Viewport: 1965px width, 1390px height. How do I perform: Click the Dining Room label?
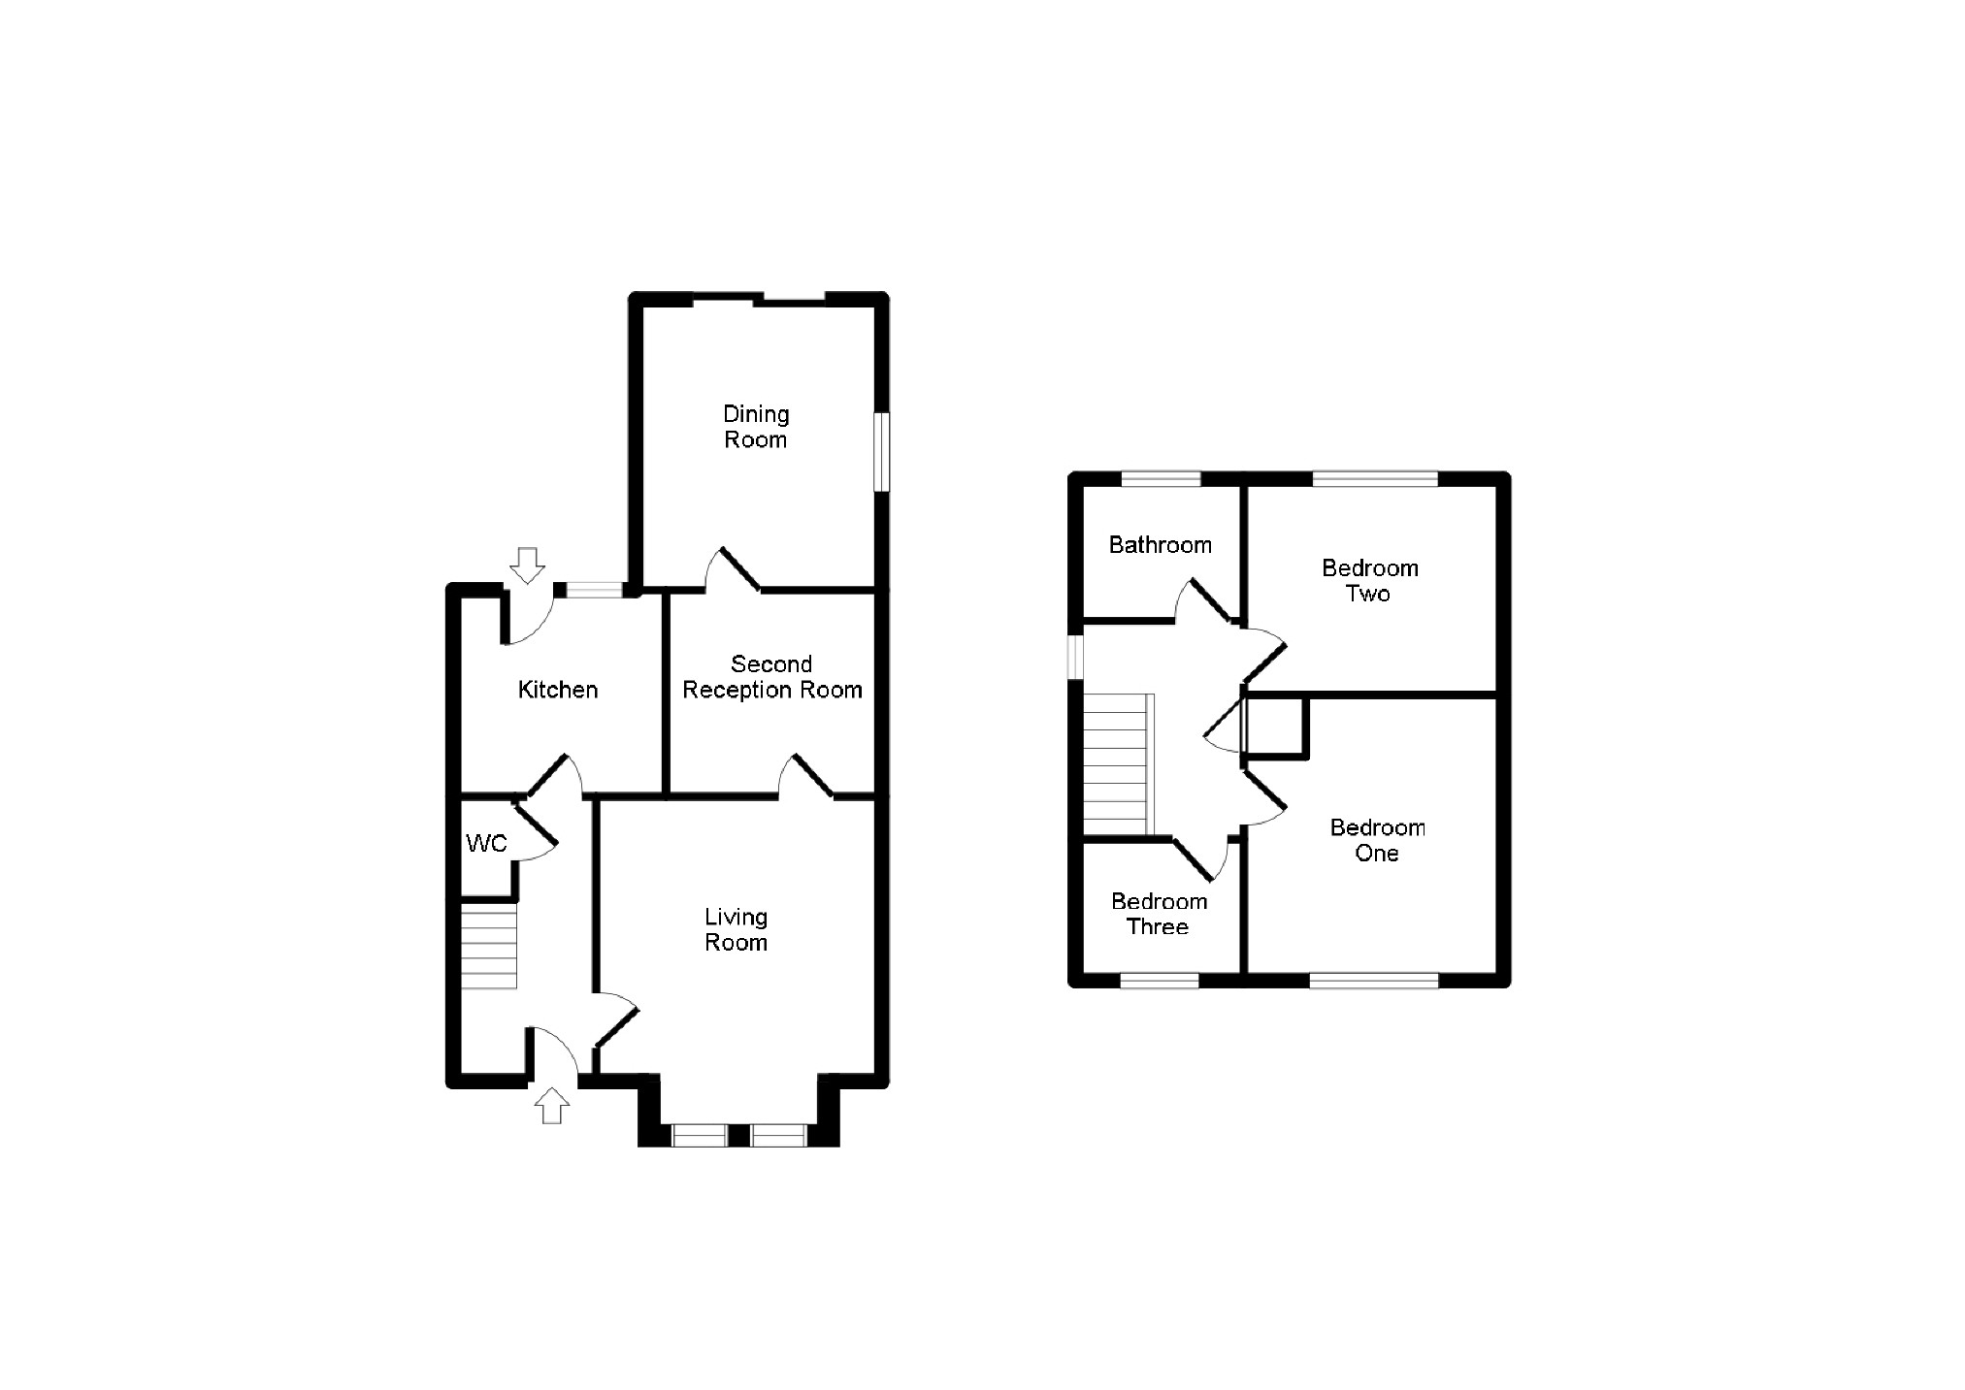pyautogui.click(x=756, y=427)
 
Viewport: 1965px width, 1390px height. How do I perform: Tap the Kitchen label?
pyautogui.click(x=558, y=690)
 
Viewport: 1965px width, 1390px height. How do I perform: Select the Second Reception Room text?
pyautogui.click(x=772, y=677)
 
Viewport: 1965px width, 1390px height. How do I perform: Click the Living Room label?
pyautogui.click(x=736, y=929)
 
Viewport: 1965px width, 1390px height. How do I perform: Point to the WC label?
pyautogui.click(x=486, y=843)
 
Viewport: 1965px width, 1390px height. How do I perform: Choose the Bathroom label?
pyautogui.click(x=1160, y=545)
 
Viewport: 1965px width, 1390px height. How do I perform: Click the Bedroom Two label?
pyautogui.click(x=1369, y=580)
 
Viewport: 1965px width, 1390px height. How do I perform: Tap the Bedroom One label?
pyautogui.click(x=1377, y=840)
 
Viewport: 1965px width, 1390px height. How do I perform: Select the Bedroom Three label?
pyautogui.click(x=1159, y=914)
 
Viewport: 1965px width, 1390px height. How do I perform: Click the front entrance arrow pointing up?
pyautogui.click(x=552, y=1105)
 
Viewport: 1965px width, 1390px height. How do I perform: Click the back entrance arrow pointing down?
pyautogui.click(x=527, y=566)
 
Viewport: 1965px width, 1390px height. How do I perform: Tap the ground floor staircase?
pyautogui.click(x=488, y=946)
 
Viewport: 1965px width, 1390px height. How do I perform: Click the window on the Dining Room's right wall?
pyautogui.click(x=881, y=452)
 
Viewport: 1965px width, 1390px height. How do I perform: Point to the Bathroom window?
pyautogui.click(x=1161, y=478)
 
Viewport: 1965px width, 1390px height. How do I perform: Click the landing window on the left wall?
pyautogui.click(x=1075, y=657)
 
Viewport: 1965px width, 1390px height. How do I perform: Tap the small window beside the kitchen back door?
pyautogui.click(x=595, y=589)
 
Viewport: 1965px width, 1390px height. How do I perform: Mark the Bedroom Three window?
pyautogui.click(x=1160, y=981)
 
